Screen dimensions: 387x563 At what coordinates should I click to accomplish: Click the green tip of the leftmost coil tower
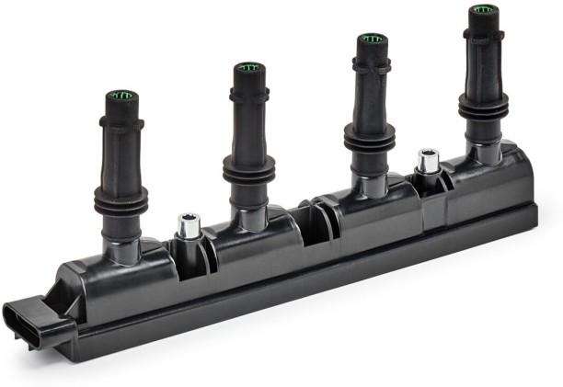point(121,95)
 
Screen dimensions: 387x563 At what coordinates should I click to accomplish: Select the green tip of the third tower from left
point(371,40)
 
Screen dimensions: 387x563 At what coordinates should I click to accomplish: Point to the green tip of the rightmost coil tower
point(482,10)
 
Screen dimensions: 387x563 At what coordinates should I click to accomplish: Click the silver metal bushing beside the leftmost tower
point(188,226)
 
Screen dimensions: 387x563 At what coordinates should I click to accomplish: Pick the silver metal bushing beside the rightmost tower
point(427,163)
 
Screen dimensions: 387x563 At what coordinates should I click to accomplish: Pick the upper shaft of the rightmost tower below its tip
point(482,55)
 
